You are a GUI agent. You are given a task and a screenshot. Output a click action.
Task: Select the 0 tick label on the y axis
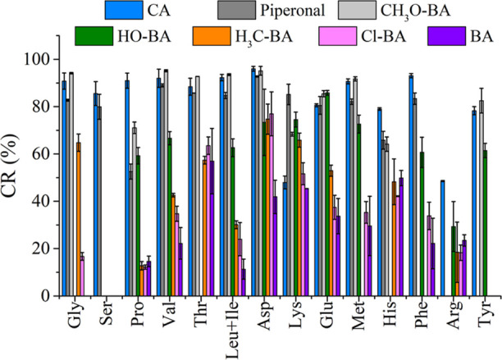(x=46, y=295)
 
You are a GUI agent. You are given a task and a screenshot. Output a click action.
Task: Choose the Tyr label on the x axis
(x=486, y=317)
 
